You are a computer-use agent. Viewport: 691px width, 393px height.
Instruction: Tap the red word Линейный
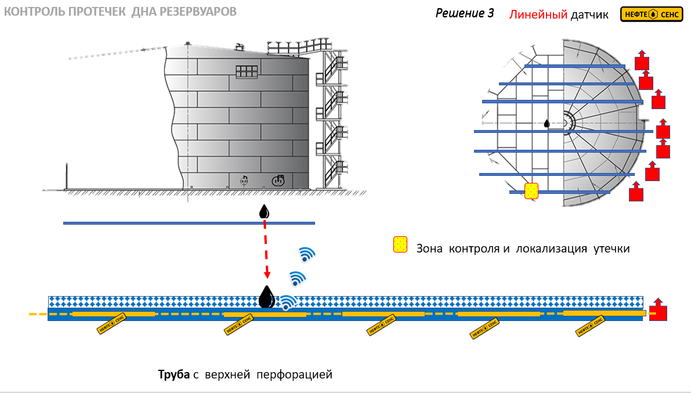[x=538, y=15]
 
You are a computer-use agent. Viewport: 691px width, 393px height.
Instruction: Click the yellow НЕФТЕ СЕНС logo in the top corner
[x=652, y=14]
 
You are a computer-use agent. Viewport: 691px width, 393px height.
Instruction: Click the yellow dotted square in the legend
[x=400, y=244]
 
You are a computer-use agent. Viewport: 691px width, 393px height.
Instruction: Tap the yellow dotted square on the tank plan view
[x=531, y=191]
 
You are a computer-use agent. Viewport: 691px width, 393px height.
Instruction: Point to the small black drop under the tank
[x=264, y=212]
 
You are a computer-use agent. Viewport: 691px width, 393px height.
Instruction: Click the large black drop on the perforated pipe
[x=266, y=297]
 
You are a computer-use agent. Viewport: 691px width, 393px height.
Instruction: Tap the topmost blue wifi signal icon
[x=307, y=254]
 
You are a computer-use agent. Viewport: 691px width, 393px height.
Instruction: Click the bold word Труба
[x=173, y=374]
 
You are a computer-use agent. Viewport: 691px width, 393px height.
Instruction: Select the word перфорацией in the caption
[x=294, y=375]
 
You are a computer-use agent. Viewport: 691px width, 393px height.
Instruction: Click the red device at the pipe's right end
[x=658, y=309]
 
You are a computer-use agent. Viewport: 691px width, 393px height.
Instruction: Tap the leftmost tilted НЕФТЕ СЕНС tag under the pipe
[x=111, y=324]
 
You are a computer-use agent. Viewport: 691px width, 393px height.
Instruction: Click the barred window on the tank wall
[x=247, y=72]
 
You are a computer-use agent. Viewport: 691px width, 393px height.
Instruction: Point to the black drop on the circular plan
[x=547, y=124]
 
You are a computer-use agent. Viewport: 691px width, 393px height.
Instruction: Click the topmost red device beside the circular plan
[x=642, y=60]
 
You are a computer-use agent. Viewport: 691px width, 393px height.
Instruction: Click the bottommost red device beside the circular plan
[x=636, y=192]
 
